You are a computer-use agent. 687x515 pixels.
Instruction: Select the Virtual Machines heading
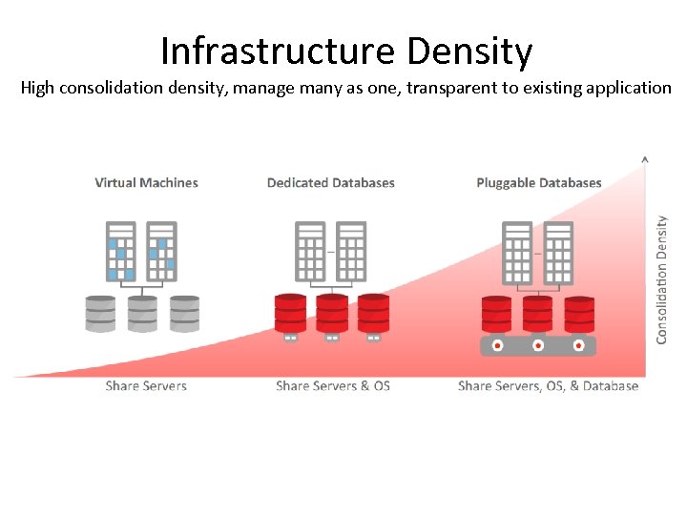pyautogui.click(x=146, y=182)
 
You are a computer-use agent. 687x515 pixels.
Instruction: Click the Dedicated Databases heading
pyautogui.click(x=330, y=182)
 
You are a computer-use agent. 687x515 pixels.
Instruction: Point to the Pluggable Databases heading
pyautogui.click(x=538, y=182)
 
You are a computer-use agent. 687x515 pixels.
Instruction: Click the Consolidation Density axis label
pyautogui.click(x=661, y=278)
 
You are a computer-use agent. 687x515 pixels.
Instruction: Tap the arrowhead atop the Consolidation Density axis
pyautogui.click(x=645, y=158)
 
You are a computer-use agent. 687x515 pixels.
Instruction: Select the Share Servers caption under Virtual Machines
pyautogui.click(x=146, y=386)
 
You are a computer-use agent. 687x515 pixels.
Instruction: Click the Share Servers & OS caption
pyautogui.click(x=332, y=386)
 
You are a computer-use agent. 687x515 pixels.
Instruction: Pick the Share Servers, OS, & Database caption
pyautogui.click(x=548, y=386)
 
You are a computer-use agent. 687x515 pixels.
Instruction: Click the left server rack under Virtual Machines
pyautogui.click(x=120, y=252)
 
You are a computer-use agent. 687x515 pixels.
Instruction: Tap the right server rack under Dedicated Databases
pyautogui.click(x=351, y=252)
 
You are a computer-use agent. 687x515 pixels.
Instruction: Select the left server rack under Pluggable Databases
pyautogui.click(x=516, y=252)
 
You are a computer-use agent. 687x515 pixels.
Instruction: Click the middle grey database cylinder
pyautogui.click(x=142, y=313)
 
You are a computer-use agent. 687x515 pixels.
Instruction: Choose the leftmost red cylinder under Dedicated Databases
pyautogui.click(x=290, y=312)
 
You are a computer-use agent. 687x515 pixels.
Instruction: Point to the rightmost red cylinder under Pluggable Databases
pyautogui.click(x=579, y=314)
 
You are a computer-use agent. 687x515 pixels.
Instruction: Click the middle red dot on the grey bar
pyautogui.click(x=538, y=345)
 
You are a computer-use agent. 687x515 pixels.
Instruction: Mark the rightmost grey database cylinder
pyautogui.click(x=184, y=313)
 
